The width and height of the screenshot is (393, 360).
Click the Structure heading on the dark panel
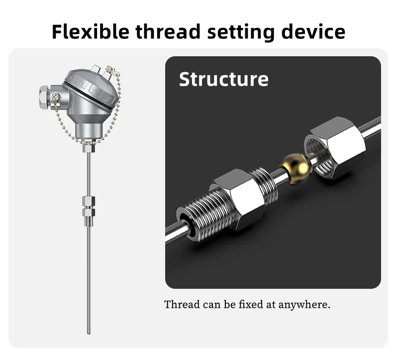click(223, 80)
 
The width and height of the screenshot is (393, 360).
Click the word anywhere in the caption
click(304, 304)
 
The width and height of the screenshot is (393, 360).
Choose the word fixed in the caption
click(251, 304)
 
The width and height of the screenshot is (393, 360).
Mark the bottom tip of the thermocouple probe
click(89, 332)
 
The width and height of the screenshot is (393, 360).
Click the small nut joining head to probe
click(88, 148)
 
